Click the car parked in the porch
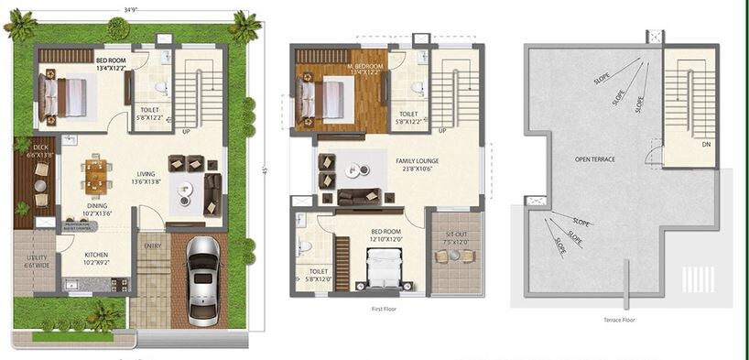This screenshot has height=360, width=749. pos(201,282)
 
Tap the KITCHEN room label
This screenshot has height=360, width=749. pos(96,256)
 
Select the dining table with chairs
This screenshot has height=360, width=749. pos(96,172)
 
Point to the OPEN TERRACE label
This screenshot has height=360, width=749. pos(594,158)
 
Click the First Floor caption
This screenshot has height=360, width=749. pos(385,311)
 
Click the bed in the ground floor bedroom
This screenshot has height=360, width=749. pos(64,96)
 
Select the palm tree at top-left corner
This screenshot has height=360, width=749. pos(19,25)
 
